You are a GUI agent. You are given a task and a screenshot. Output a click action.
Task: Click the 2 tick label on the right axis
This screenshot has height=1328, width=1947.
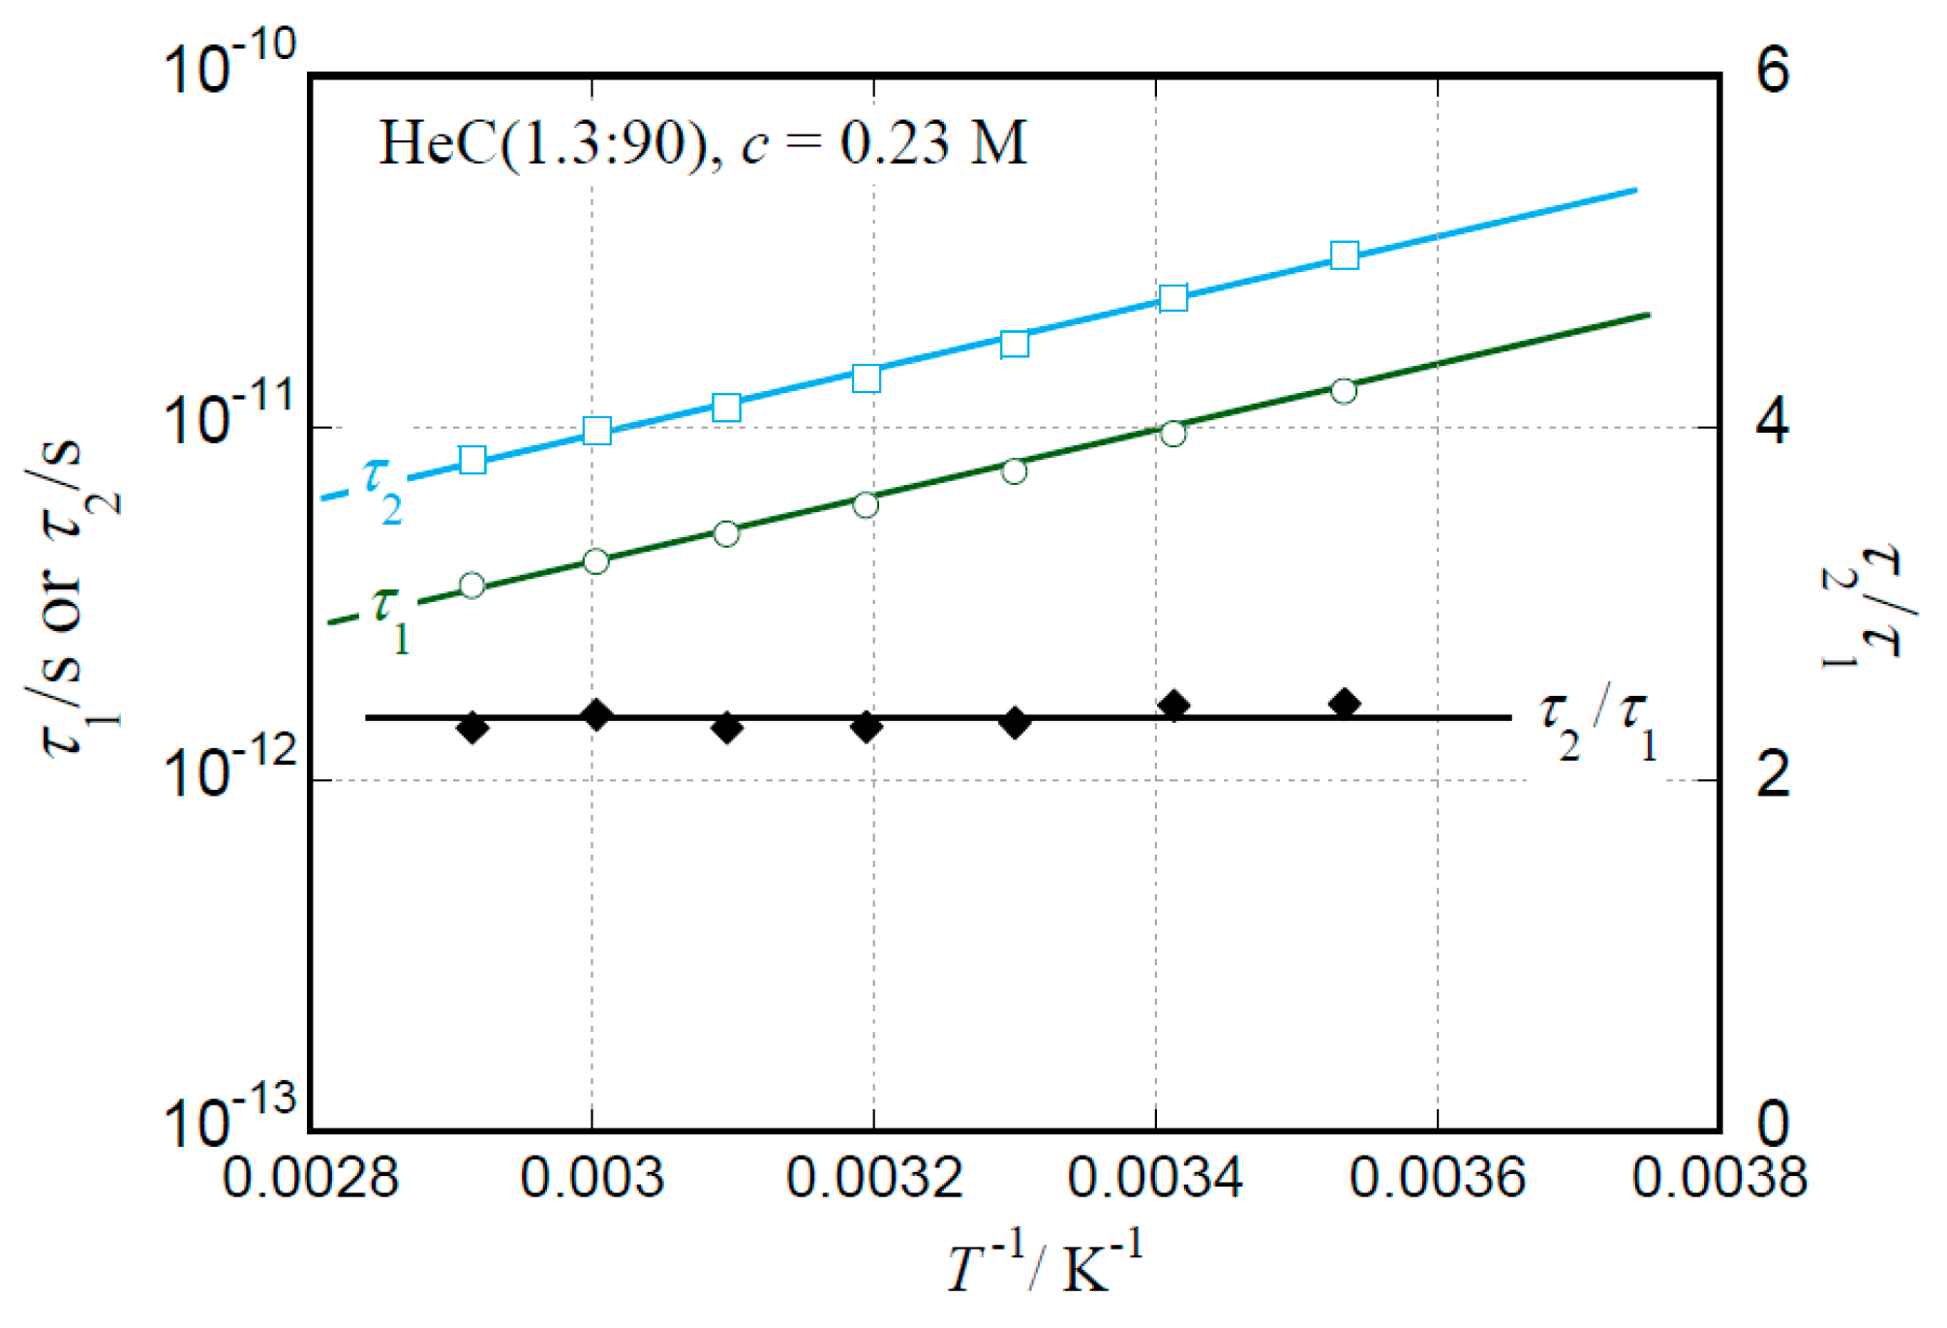click(x=1773, y=776)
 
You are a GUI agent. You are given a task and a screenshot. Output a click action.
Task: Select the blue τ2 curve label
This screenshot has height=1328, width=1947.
click(x=381, y=490)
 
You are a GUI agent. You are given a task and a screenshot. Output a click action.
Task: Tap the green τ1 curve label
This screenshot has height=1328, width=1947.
click(x=391, y=619)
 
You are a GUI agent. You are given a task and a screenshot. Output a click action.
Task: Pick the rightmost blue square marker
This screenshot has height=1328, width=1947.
click(x=1344, y=256)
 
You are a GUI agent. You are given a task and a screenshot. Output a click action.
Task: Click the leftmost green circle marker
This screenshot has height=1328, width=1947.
click(x=472, y=586)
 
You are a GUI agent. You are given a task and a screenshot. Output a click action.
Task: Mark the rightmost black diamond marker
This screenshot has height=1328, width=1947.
click(x=1344, y=704)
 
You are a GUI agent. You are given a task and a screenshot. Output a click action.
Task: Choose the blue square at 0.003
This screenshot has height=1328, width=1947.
click(x=597, y=431)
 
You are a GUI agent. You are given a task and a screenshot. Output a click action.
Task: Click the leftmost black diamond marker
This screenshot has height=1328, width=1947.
click(x=472, y=727)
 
